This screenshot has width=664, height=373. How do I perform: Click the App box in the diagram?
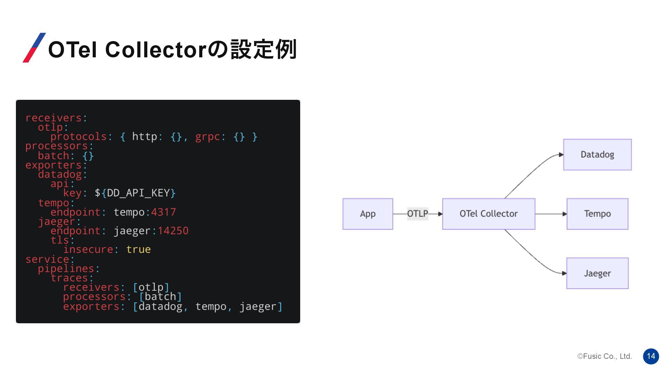tap(368, 214)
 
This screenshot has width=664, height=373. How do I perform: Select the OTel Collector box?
tap(488, 214)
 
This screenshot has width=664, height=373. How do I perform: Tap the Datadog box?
tap(597, 154)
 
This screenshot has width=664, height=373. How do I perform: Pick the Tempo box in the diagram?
tap(597, 214)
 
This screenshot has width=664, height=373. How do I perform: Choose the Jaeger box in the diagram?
tap(597, 273)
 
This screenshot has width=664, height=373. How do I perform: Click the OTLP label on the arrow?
tap(417, 214)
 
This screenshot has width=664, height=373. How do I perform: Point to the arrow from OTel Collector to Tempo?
tap(550, 214)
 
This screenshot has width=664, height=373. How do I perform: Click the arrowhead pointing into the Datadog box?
tap(561, 155)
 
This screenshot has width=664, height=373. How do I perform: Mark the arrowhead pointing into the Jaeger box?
tap(564, 273)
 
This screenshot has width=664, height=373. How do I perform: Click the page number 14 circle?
tap(651, 356)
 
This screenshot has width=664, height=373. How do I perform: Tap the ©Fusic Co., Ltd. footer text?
tap(605, 356)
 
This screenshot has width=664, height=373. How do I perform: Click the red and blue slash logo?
tap(34, 48)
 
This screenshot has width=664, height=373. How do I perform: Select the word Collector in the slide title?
tap(156, 49)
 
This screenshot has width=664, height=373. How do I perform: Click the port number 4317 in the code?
tap(164, 212)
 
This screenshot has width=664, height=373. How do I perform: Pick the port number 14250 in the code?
tap(173, 230)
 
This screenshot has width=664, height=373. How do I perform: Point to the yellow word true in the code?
tap(138, 249)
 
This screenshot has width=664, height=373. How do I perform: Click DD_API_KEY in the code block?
tap(138, 193)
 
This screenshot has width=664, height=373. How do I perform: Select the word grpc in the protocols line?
tap(207, 136)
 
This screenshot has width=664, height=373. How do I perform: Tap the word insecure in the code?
tap(88, 249)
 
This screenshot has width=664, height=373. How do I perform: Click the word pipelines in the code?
tap(66, 268)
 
